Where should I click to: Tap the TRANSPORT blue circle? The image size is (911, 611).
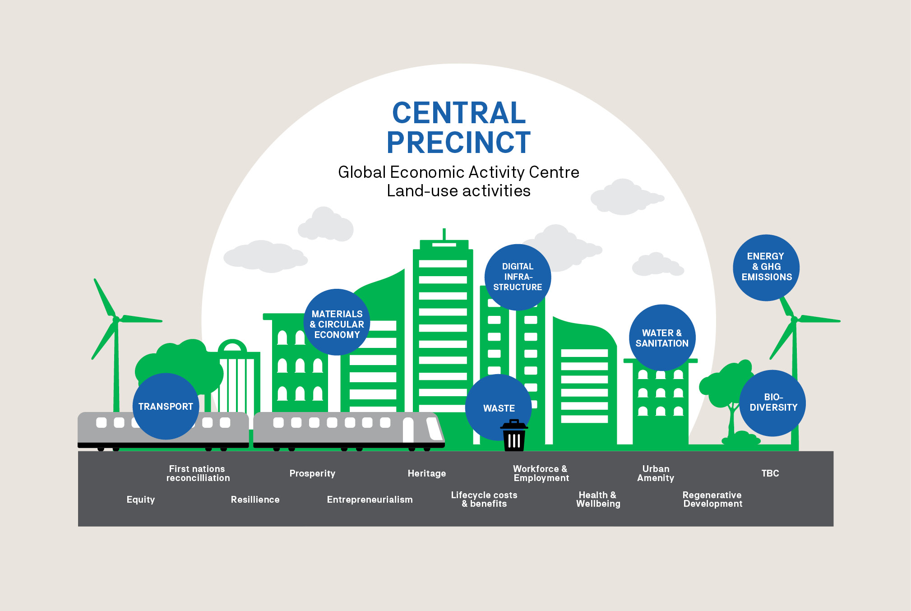166,406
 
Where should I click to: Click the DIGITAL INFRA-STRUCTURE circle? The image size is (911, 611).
518,277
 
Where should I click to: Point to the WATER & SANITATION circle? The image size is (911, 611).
662,338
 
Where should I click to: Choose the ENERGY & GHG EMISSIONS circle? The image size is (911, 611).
766,267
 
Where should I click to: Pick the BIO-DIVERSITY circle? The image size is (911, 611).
773,403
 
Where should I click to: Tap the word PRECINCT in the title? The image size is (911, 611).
458,143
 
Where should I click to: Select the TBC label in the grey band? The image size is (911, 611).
770,473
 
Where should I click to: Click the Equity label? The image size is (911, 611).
140,500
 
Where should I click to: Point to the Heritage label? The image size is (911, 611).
426,473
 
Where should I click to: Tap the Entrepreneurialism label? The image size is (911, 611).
370,500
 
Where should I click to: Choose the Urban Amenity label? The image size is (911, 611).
656,473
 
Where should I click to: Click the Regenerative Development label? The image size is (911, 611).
712,499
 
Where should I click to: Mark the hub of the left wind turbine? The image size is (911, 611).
116,319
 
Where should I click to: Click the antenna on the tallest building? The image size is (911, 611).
444,234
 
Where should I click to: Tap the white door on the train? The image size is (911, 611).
408,430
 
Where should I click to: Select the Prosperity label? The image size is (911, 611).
312,473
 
